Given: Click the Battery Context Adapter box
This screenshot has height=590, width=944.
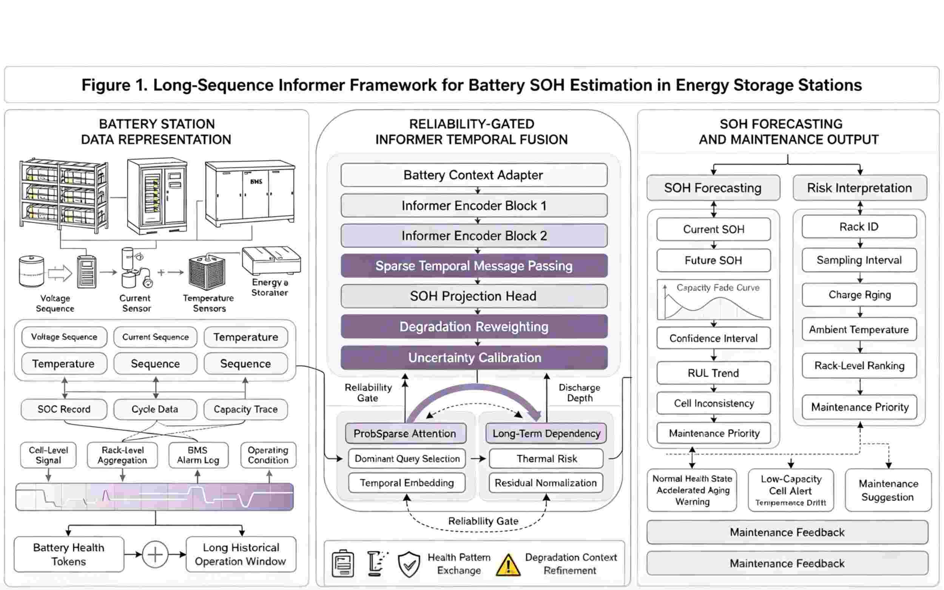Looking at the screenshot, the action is (474, 175).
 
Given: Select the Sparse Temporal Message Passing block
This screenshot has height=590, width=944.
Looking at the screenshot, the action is (474, 266).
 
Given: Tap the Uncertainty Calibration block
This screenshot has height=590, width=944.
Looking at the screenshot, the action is (474, 357).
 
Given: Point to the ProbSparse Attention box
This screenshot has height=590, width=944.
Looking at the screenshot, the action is (406, 433).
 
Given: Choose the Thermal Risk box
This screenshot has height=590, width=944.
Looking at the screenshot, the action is (546, 459).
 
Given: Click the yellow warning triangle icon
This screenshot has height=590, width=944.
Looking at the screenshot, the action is (508, 565).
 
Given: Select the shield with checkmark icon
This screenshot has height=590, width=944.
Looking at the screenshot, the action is (409, 564).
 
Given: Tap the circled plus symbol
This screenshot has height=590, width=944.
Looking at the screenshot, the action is (155, 554).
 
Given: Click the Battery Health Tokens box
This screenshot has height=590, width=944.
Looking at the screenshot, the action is (69, 554).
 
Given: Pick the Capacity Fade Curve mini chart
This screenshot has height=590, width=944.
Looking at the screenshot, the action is (713, 299).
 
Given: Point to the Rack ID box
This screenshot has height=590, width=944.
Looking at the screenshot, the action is (859, 226).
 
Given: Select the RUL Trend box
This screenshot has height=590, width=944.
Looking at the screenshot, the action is (713, 373).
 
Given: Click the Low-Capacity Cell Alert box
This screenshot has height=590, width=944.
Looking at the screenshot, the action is (791, 490).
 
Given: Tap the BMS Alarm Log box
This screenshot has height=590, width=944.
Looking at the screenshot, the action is (198, 455).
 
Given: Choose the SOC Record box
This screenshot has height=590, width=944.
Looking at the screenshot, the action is (64, 409).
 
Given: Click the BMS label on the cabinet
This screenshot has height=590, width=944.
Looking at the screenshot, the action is (256, 182).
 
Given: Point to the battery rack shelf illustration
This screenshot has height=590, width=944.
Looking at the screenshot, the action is (63, 194).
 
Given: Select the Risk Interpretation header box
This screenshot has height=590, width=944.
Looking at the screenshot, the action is (860, 188).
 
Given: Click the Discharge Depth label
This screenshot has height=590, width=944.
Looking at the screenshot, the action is (580, 393).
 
